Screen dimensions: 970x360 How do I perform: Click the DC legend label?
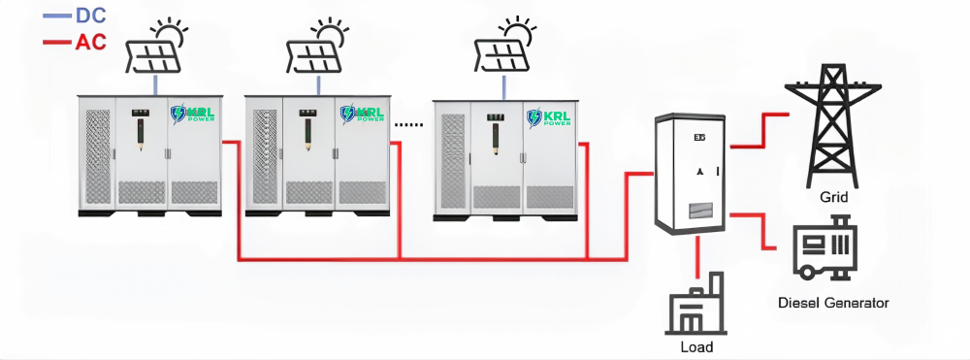[91, 16]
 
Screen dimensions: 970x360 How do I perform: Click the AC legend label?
[91, 42]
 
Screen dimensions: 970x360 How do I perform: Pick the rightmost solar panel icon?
[505, 46]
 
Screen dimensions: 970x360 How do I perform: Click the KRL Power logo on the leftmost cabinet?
[193, 114]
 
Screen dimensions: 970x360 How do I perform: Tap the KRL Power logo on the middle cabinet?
[363, 114]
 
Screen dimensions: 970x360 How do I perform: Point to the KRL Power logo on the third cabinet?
[549, 117]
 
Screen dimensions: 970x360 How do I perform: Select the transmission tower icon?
[832, 125]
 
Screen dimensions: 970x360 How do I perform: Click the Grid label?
[833, 198]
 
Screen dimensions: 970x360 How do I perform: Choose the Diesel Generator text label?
[832, 303]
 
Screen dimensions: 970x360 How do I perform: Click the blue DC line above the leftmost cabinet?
[156, 84]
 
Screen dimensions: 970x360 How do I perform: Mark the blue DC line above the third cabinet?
[504, 88]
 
